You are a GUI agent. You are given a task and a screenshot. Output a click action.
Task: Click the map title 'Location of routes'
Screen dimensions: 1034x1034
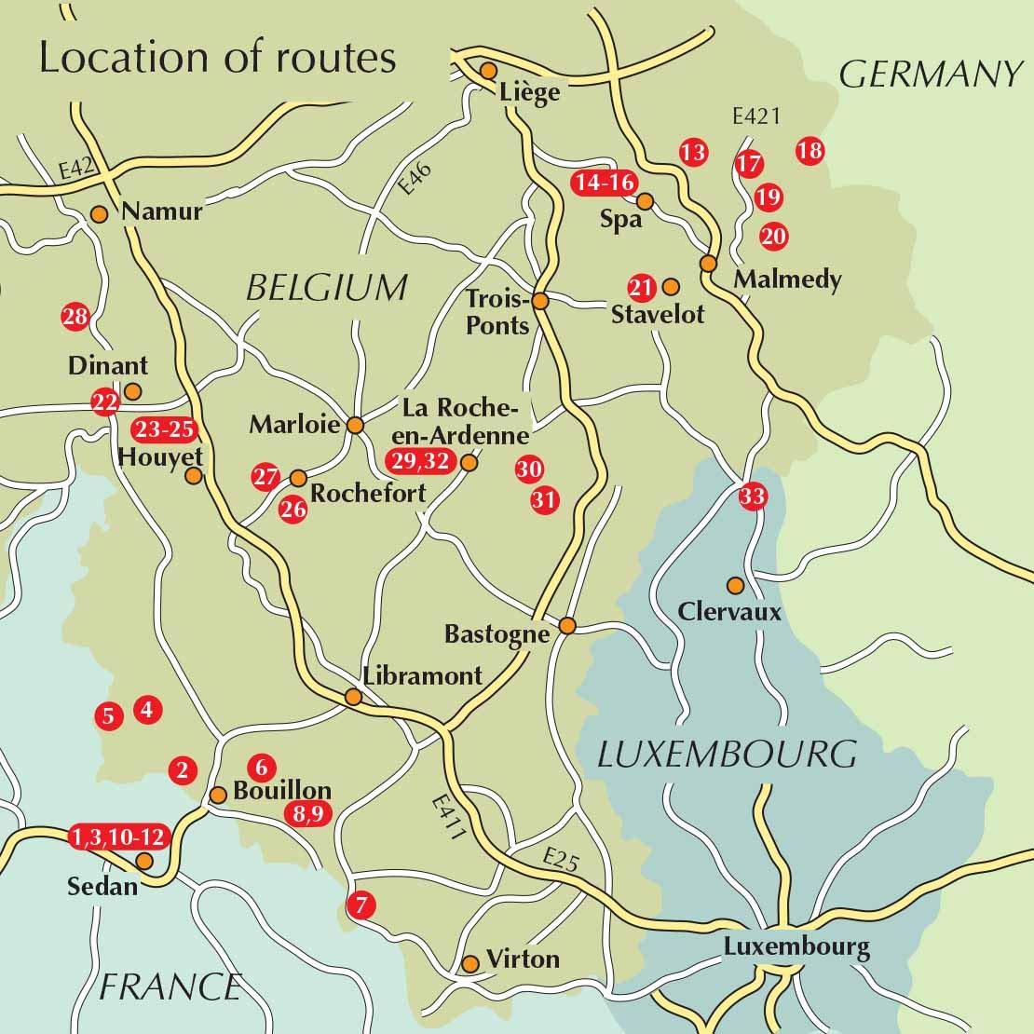tap(217, 58)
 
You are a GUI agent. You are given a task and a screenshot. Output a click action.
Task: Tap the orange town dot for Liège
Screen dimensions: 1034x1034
tap(487, 70)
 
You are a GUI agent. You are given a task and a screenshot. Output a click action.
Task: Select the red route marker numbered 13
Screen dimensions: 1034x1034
tap(693, 152)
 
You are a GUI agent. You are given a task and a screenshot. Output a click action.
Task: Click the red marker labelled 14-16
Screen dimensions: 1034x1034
tap(604, 183)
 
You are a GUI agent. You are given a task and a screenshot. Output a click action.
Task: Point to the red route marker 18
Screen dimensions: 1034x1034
tap(810, 150)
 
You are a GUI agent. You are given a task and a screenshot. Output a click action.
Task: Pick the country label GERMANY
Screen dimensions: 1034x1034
tap(931, 75)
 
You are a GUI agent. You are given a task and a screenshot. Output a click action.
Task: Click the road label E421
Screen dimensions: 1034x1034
tap(755, 117)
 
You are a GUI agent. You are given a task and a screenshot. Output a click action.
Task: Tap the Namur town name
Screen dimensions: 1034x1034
tap(162, 211)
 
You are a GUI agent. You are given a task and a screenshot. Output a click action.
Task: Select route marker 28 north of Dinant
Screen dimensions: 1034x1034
tap(75, 317)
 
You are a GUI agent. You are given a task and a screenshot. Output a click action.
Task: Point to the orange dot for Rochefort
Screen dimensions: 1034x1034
tap(298, 478)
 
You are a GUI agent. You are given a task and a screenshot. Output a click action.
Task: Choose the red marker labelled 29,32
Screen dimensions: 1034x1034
tap(420, 461)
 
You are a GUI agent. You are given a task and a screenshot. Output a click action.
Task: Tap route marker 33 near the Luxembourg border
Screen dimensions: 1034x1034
tap(752, 497)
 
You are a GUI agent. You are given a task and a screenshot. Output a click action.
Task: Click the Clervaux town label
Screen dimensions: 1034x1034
tap(729, 612)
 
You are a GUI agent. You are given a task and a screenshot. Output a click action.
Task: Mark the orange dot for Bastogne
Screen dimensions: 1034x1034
tap(567, 625)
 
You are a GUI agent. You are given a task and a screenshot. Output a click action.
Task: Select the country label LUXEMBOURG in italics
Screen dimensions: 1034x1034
tap(726, 753)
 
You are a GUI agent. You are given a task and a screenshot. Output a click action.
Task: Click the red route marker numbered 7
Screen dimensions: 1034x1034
tap(361, 904)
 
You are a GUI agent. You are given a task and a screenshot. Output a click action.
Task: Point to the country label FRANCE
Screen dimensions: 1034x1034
tap(170, 986)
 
